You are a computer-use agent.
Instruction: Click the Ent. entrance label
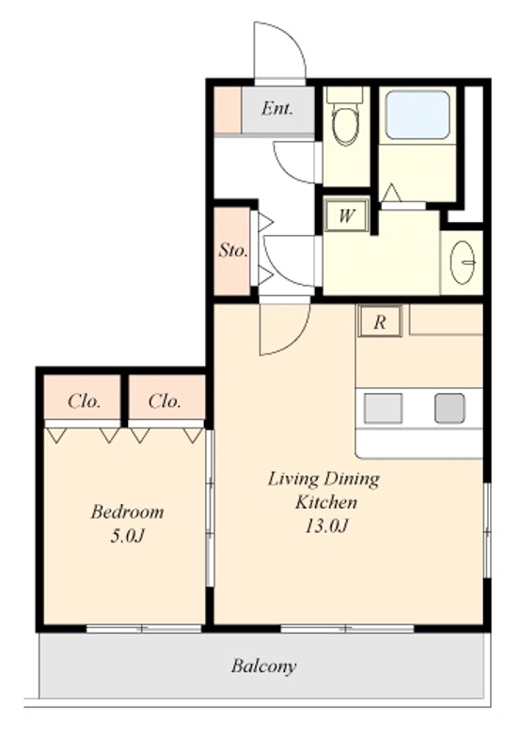point(276,109)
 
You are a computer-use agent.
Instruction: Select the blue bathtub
point(418,115)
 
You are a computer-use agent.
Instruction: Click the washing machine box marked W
point(346,216)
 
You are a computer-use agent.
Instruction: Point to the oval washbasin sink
point(463,262)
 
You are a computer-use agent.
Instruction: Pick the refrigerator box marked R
point(380,321)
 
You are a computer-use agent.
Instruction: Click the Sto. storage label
point(232,250)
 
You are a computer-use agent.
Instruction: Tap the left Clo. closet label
point(85,401)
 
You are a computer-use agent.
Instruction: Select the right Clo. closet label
point(165,401)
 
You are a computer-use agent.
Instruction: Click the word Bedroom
point(127,511)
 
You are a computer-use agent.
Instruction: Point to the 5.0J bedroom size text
point(127,536)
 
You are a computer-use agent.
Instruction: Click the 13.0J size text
point(325,526)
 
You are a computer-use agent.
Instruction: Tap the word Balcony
point(263,666)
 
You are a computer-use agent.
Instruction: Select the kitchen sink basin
point(383,408)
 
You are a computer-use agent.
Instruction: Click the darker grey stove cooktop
point(449,408)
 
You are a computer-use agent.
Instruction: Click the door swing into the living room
point(293,336)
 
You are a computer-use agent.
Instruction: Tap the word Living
point(293,479)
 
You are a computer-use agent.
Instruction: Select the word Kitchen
point(325,502)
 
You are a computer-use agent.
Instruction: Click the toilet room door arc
point(287,168)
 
